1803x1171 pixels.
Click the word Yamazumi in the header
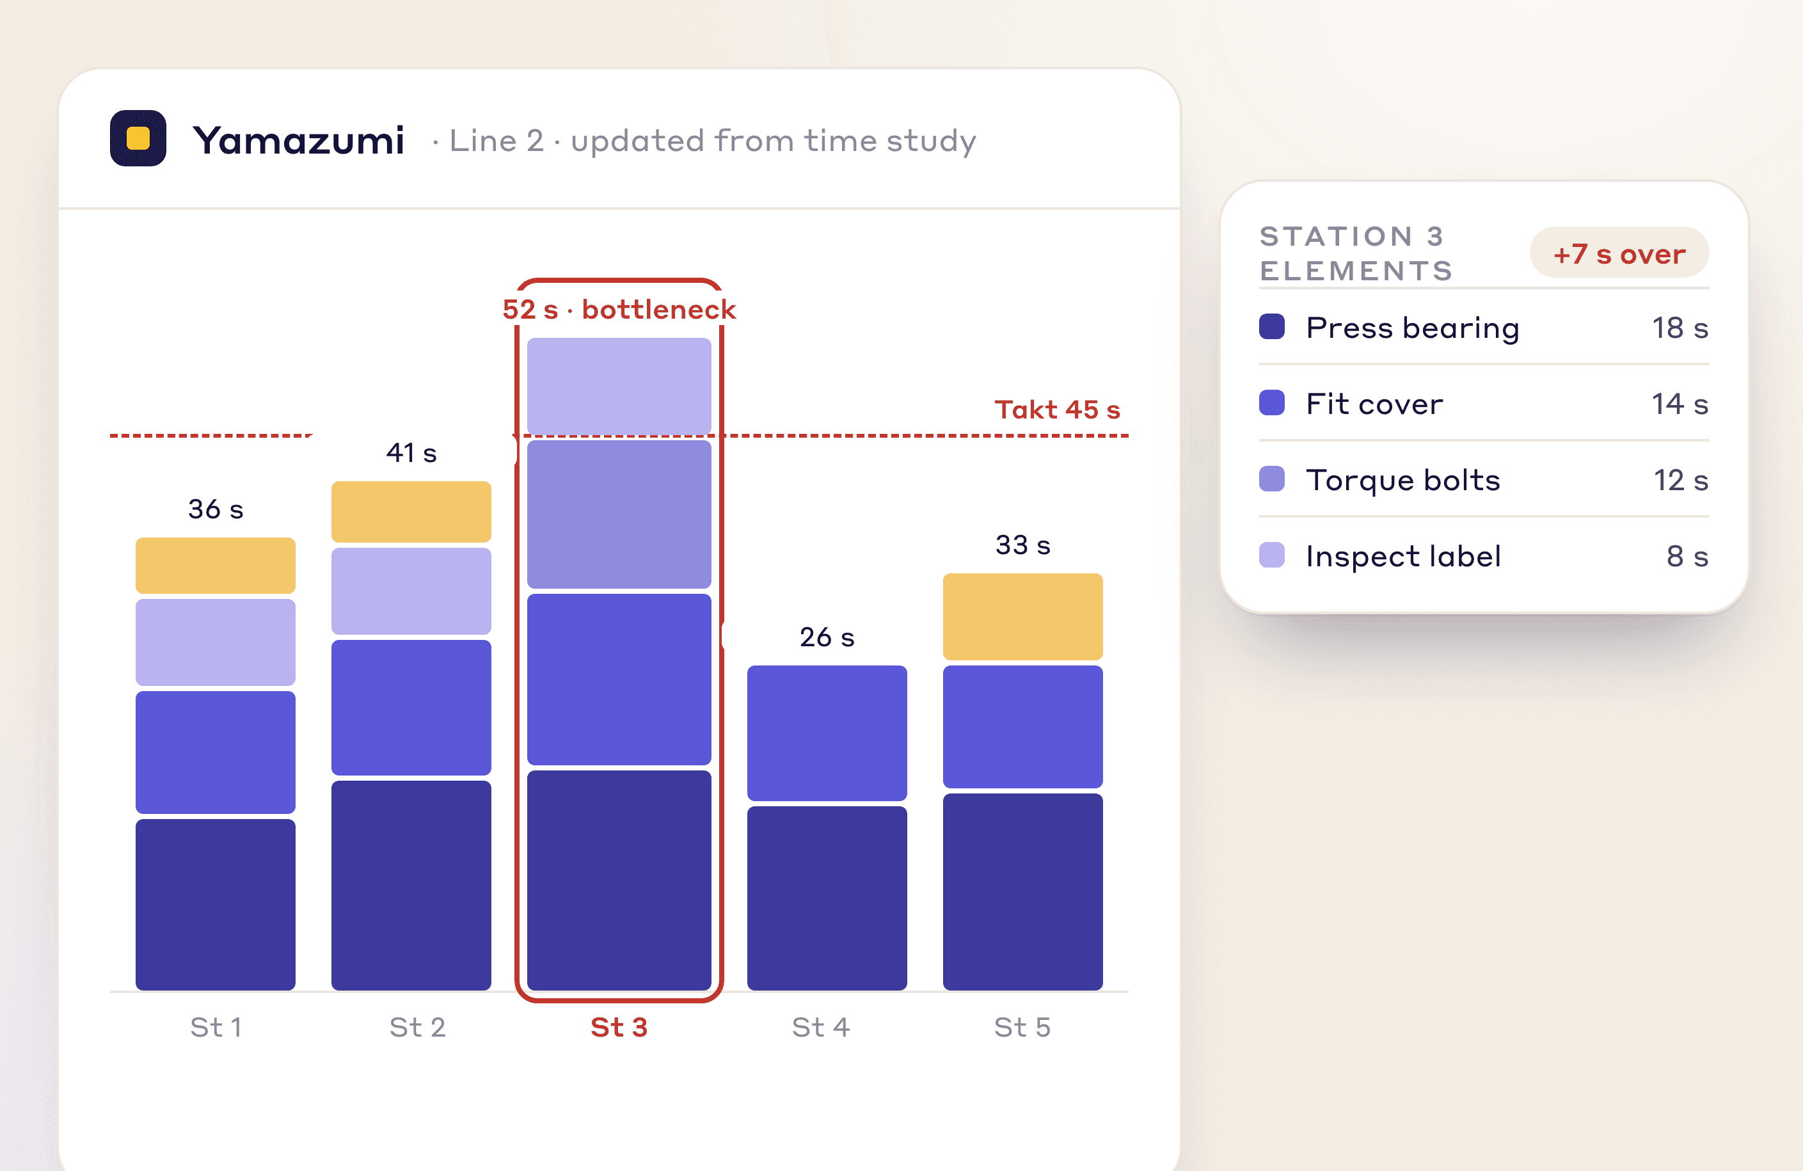coord(299,141)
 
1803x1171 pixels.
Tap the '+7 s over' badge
coord(1619,253)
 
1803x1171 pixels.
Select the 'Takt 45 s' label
coord(1057,410)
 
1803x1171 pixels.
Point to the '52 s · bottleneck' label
coord(619,309)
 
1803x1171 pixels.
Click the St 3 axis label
coord(619,1027)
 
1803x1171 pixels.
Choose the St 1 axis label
coord(216,1027)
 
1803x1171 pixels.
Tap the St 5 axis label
coord(1022,1027)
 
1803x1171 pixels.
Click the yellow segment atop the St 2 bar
coord(411,511)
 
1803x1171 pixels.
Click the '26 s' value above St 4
coord(827,637)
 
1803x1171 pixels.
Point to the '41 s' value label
coord(411,453)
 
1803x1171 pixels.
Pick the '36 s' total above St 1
coord(216,509)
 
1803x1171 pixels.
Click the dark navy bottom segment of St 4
coord(827,898)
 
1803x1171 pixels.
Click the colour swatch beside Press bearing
coord(1272,326)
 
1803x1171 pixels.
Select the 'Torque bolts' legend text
coord(1403,480)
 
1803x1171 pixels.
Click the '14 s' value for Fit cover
coord(1680,404)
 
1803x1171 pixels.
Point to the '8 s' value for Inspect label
coord(1687,556)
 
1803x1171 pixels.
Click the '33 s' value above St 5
coord(1022,545)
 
